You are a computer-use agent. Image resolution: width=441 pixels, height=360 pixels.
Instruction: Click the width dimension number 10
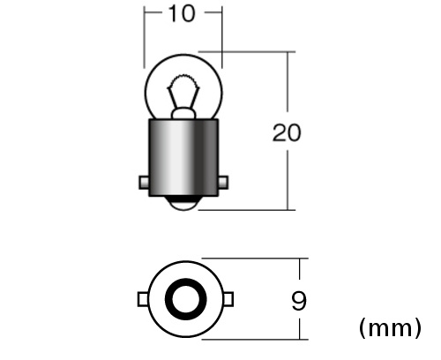click(182, 13)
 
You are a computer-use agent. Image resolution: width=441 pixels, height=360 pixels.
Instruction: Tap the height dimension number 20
click(287, 133)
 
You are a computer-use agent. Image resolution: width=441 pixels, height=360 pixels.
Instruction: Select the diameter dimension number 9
click(299, 300)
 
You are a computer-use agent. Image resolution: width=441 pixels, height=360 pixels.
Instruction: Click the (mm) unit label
click(390, 327)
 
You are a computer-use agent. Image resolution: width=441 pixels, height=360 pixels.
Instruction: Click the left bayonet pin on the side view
click(144, 183)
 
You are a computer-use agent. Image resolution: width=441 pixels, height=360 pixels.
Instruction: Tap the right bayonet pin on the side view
click(223, 183)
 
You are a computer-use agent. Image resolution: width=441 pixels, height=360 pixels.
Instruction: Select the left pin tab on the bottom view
click(143, 299)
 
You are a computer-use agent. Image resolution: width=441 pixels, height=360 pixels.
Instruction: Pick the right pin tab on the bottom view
click(228, 299)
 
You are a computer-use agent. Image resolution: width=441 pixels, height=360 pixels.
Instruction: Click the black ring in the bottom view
click(168, 299)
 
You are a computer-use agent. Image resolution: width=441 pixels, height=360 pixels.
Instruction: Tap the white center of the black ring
click(185, 299)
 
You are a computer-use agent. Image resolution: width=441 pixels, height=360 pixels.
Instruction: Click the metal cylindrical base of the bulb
click(183, 157)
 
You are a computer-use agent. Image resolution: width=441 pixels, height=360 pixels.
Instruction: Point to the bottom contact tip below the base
click(183, 204)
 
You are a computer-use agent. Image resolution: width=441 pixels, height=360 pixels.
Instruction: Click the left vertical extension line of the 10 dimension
click(144, 38)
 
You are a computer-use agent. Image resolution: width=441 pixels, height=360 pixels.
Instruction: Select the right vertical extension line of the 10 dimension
click(221, 38)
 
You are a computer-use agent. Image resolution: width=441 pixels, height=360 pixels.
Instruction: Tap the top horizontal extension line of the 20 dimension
click(247, 52)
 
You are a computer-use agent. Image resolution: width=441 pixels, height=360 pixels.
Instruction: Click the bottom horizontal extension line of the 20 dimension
click(247, 210)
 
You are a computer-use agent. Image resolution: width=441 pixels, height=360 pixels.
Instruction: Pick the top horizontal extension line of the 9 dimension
click(255, 259)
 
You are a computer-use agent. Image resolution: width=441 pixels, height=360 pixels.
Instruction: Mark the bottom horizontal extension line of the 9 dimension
click(255, 340)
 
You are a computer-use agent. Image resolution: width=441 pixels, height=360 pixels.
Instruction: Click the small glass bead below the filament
click(183, 113)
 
